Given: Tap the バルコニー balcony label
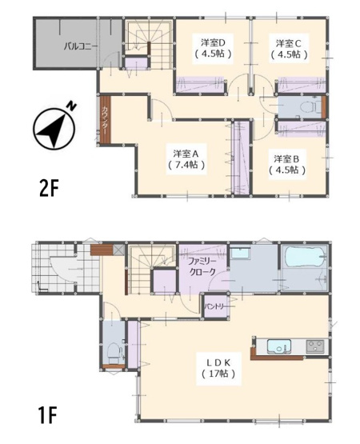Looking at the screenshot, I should tap(82, 46).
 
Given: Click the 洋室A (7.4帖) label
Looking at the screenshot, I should tap(186, 158).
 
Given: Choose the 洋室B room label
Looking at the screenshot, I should tap(286, 163).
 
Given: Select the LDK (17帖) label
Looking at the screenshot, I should tap(214, 367).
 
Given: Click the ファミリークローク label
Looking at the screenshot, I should tap(205, 266).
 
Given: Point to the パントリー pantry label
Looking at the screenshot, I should tap(214, 306).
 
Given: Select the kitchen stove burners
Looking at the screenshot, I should tap(314, 346).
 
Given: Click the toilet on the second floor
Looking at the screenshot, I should tap(306, 106).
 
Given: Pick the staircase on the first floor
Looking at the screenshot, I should tap(146, 264).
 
